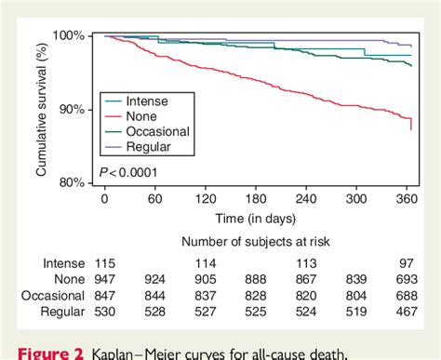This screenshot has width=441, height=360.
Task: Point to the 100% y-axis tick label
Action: click(71, 35)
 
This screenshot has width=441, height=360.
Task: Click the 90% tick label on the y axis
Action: click(73, 109)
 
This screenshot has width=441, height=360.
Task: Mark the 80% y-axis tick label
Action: click(73, 182)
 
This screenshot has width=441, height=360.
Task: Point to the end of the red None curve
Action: click(411, 128)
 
